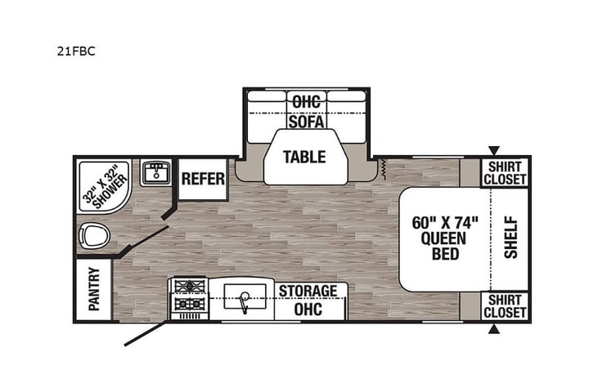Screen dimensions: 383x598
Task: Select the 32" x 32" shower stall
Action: (x=105, y=186)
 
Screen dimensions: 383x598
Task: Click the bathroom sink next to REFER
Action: (x=155, y=172)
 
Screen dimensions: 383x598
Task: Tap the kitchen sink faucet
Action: (x=244, y=303)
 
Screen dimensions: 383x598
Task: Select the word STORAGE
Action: (x=308, y=292)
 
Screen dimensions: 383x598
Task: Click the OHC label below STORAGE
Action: (x=308, y=309)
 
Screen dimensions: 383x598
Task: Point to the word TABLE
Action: (x=305, y=157)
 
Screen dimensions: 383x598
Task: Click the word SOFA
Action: (x=306, y=122)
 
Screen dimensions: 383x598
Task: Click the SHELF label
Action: (x=510, y=236)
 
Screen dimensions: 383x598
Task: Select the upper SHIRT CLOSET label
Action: (x=505, y=174)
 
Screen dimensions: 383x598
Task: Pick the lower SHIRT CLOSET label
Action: (x=505, y=305)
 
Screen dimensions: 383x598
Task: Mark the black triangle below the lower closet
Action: (x=494, y=329)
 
